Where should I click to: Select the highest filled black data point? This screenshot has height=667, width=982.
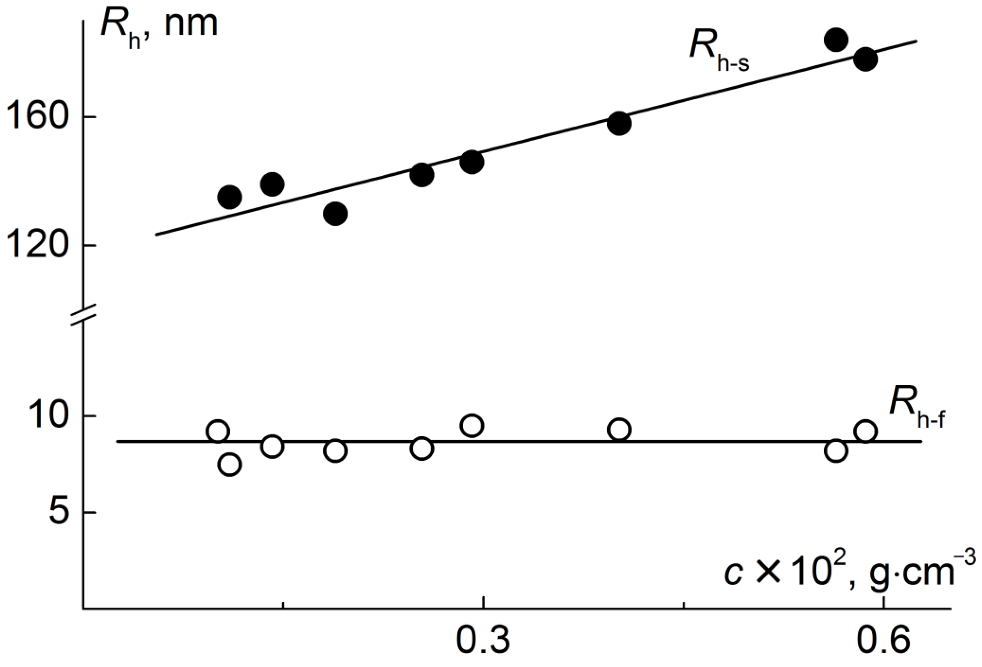click(x=836, y=40)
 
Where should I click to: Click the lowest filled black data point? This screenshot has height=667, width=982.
click(x=335, y=214)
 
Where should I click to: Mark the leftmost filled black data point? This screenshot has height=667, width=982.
click(x=229, y=197)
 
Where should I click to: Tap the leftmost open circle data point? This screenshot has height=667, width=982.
click(x=218, y=431)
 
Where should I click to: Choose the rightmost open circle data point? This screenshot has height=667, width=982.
click(x=865, y=431)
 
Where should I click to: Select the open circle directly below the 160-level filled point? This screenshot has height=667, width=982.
click(x=619, y=430)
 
